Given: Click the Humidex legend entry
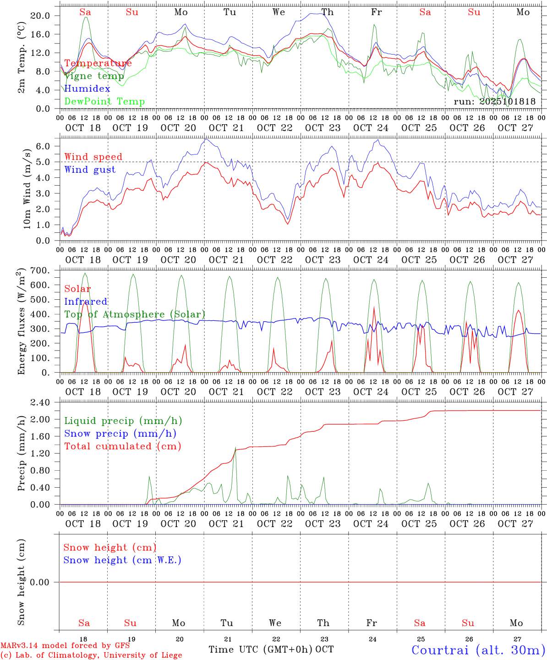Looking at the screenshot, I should [87, 89].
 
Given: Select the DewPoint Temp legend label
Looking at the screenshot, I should [104, 102].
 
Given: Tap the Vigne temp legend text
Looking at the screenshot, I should [94, 76].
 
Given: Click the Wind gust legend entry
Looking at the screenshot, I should [90, 170].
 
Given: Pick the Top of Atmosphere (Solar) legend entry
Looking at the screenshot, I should [134, 314].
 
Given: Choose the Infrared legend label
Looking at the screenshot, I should [86, 302].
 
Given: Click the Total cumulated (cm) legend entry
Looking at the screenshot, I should [122, 446].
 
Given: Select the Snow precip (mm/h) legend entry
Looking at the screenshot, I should [120, 434].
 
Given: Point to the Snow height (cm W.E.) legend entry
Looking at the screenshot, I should [122, 560].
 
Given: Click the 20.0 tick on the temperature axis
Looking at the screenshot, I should [40, 16].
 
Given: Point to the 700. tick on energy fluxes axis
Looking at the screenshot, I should [39, 271].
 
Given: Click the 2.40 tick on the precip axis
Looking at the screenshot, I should [39, 402].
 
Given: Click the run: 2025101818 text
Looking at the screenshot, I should [494, 101].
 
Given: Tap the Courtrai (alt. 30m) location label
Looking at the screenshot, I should [478, 650].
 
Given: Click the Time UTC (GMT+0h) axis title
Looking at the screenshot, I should [261, 649].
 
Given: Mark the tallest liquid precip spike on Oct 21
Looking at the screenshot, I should [235, 447].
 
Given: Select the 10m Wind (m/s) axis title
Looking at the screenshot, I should [27, 189].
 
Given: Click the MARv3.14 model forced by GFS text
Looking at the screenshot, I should [65, 646].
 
